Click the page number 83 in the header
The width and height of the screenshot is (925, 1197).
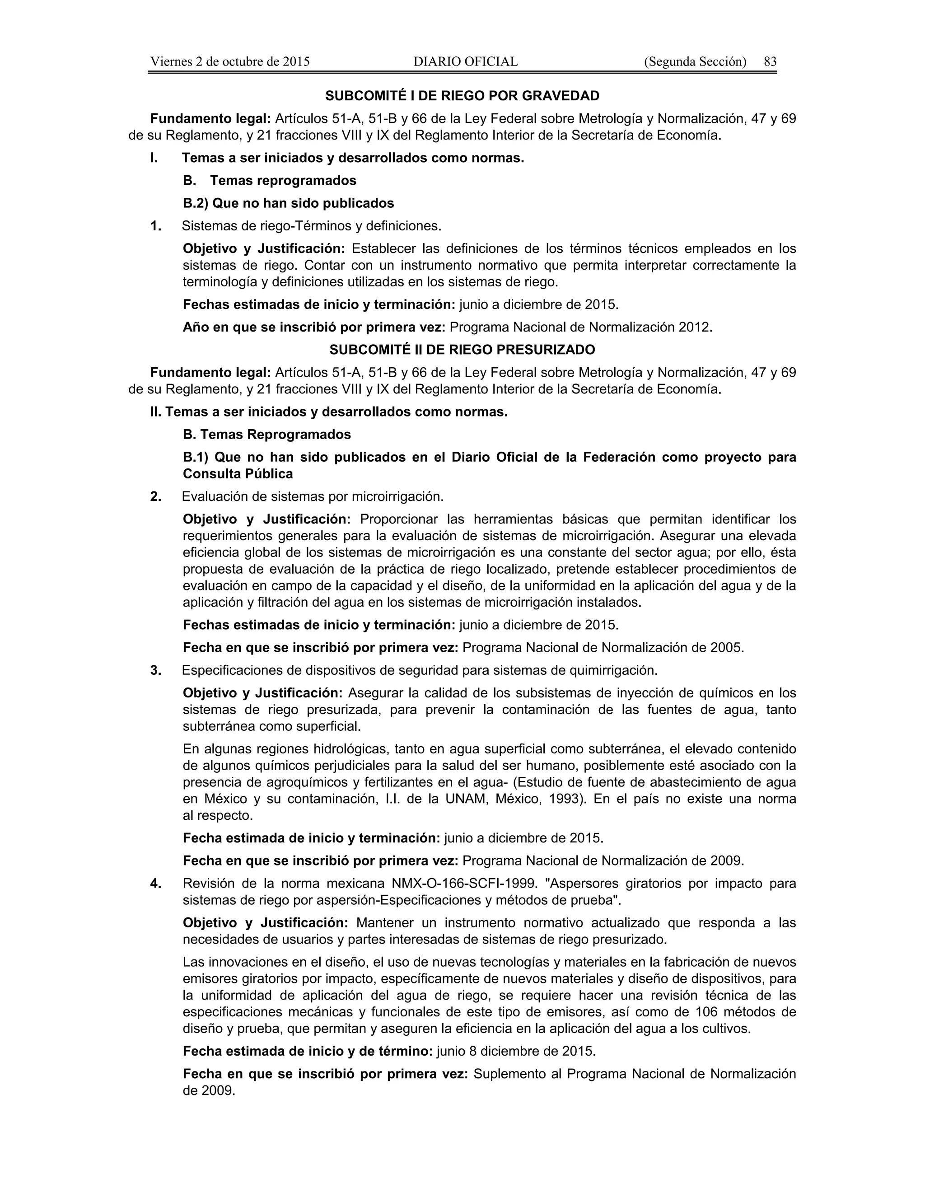770,61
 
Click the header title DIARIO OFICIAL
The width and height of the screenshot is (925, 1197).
465,61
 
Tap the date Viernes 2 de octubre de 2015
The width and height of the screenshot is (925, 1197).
229,61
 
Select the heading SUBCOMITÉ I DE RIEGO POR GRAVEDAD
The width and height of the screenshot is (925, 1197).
462,96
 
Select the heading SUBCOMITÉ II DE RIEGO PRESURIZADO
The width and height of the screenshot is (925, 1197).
462,350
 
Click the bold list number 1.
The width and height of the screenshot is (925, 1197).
156,226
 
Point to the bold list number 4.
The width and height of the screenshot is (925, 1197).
156,884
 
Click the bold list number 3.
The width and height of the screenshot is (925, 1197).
156,670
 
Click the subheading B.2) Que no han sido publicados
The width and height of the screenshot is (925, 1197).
288,203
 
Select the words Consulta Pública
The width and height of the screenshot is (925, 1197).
238,473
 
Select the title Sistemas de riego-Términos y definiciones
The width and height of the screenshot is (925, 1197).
311,226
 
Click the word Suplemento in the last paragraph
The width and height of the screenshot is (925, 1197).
516,1074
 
